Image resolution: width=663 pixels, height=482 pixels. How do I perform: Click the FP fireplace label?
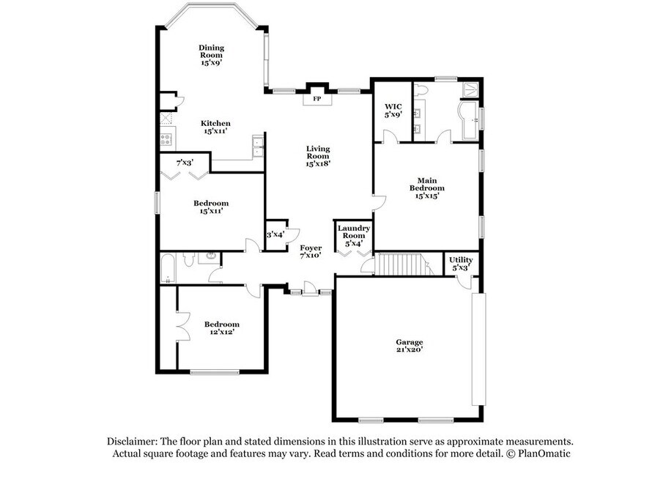coord(316,99)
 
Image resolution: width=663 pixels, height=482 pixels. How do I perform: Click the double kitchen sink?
coord(257,147)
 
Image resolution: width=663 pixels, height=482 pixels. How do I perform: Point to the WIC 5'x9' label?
coord(393,111)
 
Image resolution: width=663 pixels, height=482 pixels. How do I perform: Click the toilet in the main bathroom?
coord(421,91)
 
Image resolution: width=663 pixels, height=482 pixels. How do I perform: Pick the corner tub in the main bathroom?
coord(469,120)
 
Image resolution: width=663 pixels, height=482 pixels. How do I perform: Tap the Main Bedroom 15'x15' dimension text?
coord(427,196)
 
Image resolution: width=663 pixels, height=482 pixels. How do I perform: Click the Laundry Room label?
coord(354,232)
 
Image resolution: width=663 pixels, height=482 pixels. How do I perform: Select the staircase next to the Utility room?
coord(404,264)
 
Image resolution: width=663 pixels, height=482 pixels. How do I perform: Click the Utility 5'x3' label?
coord(461,264)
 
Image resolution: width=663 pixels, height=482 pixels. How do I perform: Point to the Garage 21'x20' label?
coord(410,346)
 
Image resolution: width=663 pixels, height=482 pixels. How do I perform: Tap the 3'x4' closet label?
coord(275,234)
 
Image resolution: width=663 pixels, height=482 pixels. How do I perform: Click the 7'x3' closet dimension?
coord(185,162)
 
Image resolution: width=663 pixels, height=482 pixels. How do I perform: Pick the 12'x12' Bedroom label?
coord(222,328)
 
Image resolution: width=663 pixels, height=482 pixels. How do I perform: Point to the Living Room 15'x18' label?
coord(318,156)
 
